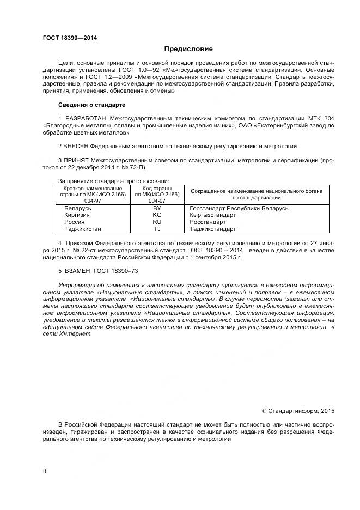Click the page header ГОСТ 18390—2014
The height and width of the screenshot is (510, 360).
pyautogui.click(x=66, y=38)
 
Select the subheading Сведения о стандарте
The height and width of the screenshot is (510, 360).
pyautogui.click(x=91, y=104)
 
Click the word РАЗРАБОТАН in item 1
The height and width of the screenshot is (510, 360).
pyautogui.click(x=86, y=118)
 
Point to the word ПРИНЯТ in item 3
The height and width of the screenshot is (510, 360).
pyautogui.click(x=76, y=161)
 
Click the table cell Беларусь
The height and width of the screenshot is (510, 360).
pyautogui.click(x=77, y=209)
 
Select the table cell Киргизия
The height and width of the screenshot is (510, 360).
pyautogui.click(x=77, y=215)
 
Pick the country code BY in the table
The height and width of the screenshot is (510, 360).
pyautogui.click(x=157, y=209)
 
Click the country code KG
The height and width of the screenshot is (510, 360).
pyautogui.click(x=157, y=215)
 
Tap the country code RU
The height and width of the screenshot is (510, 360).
pyautogui.click(x=157, y=222)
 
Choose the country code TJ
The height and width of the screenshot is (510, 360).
pyautogui.click(x=157, y=229)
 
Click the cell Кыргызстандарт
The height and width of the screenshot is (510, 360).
pyautogui.click(x=212, y=215)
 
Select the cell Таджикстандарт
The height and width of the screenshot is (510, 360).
pyautogui.click(x=212, y=229)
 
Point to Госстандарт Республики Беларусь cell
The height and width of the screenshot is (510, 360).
pyautogui.click(x=239, y=209)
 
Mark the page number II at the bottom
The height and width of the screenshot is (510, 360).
pyautogui.click(x=45, y=471)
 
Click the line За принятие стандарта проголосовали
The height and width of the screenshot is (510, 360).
pyautogui.click(x=113, y=181)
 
